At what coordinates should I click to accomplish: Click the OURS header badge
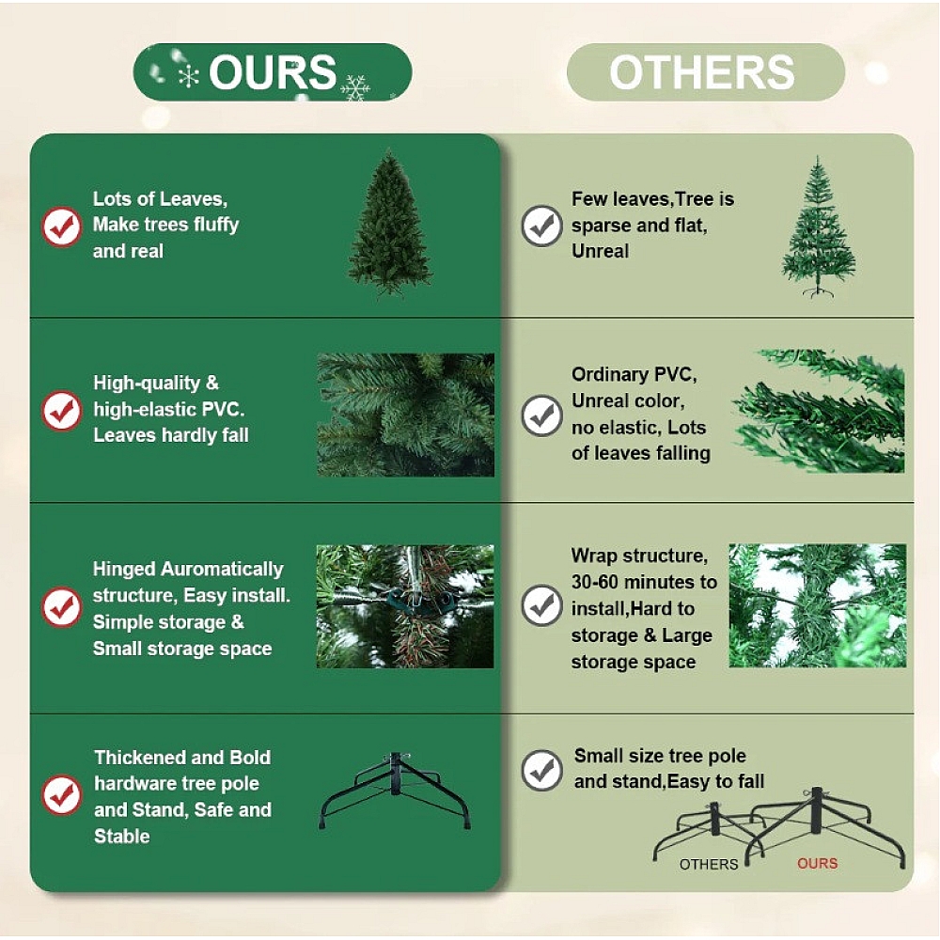[x=273, y=72]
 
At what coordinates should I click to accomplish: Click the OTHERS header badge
[x=706, y=72]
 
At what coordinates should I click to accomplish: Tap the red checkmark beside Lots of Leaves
[x=61, y=227]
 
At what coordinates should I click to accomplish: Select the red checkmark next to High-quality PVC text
[x=61, y=411]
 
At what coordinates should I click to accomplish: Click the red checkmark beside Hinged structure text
[x=61, y=606]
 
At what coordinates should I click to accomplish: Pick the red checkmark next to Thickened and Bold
[x=61, y=795]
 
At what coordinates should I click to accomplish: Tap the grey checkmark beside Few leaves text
[x=542, y=226]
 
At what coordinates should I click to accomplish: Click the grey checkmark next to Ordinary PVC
[x=542, y=415]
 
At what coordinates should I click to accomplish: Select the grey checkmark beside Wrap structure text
[x=542, y=605]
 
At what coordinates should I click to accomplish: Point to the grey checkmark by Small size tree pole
[x=542, y=771]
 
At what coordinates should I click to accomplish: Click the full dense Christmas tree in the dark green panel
[x=390, y=225]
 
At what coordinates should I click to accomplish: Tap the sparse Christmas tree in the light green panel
[x=818, y=227]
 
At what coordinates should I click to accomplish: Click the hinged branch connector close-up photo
[x=405, y=606]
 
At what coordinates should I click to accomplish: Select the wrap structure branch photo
[x=818, y=605]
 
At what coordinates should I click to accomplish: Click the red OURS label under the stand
[x=817, y=863]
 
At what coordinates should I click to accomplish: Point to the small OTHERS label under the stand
[x=709, y=864]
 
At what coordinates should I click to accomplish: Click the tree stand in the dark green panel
[x=395, y=791]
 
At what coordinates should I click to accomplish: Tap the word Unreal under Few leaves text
[x=600, y=251]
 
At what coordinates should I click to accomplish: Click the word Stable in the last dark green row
[x=121, y=836]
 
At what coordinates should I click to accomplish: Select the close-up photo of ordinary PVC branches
[x=820, y=412]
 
